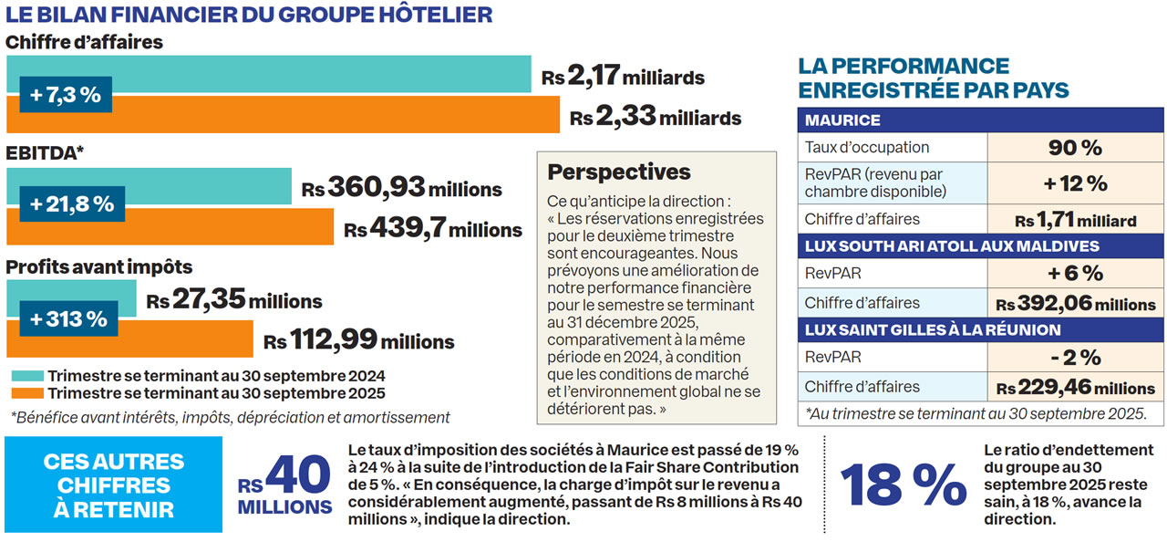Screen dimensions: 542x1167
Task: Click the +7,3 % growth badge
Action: (65, 94)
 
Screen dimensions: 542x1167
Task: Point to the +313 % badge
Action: (68, 319)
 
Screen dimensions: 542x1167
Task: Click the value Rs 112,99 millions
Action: (358, 341)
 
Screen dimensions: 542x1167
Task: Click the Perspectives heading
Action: (618, 172)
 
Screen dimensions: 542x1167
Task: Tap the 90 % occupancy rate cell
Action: (1075, 147)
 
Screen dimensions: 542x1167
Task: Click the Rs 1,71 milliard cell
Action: (1075, 220)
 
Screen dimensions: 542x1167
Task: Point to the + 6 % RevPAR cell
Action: (1075, 273)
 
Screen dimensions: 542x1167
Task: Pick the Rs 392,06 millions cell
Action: (1075, 303)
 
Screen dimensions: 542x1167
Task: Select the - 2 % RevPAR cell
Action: (1075, 357)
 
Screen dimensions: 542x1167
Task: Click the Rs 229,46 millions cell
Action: (1075, 387)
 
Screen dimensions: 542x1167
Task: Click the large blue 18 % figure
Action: (904, 485)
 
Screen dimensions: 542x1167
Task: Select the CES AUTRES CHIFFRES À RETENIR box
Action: (113, 485)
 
